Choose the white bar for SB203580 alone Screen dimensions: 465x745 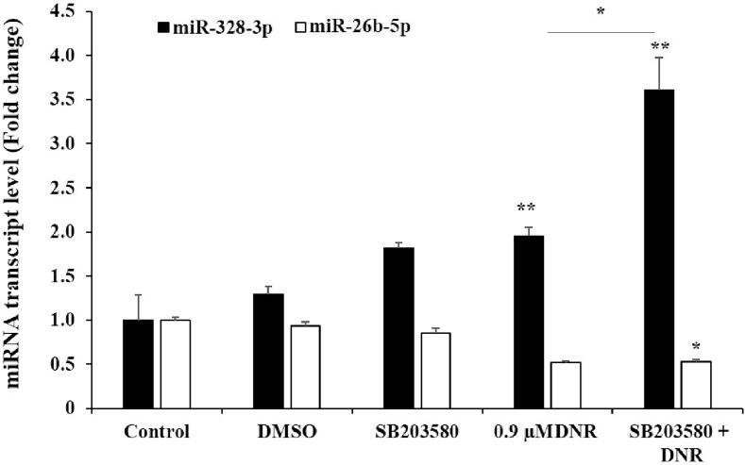pyautogui.click(x=435, y=371)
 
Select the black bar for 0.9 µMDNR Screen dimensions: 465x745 pyautogui.click(x=528, y=322)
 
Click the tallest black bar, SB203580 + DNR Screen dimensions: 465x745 pyautogui.click(x=658, y=249)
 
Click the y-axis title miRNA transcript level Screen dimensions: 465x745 pyautogui.click(x=18, y=208)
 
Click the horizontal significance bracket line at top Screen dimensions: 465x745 pyautogui.click(x=601, y=32)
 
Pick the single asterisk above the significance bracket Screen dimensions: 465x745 pyautogui.click(x=601, y=13)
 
